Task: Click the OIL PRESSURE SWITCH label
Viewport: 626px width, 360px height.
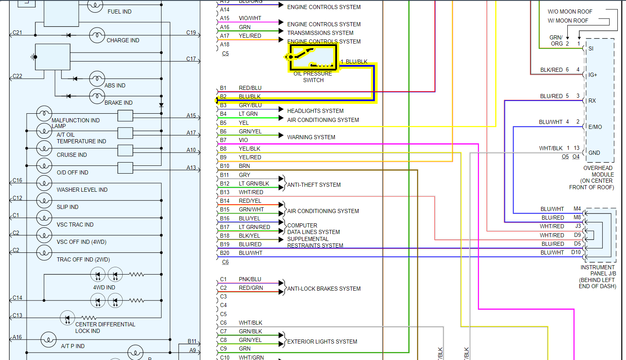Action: click(313, 77)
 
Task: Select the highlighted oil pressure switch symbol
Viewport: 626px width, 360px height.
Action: click(313, 57)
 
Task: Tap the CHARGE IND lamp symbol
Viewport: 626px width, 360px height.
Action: click(97, 35)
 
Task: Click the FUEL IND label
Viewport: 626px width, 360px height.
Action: click(119, 11)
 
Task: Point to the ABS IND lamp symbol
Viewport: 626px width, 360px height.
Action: click(97, 78)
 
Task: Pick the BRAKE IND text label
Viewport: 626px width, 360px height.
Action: click(118, 103)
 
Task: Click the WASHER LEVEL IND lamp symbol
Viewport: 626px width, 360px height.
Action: click(44, 183)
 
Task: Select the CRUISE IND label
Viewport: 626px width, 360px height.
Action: click(72, 155)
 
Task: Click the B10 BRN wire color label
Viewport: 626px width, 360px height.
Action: click(244, 166)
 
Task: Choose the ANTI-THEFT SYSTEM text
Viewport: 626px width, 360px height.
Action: click(314, 185)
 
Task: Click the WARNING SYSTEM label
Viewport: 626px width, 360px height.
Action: click(311, 137)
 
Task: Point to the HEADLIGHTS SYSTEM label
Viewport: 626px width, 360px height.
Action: click(315, 111)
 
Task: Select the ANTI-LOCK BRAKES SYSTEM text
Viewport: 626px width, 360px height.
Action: click(324, 289)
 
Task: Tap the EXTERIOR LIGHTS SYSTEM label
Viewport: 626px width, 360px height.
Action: click(322, 342)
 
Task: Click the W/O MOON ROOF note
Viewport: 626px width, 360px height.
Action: click(570, 11)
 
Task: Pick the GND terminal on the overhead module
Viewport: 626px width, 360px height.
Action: click(594, 153)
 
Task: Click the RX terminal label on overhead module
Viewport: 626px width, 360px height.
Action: click(592, 101)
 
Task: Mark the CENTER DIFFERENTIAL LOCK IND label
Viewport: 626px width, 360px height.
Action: click(105, 328)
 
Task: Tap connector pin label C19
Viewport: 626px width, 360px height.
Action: click(191, 32)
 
